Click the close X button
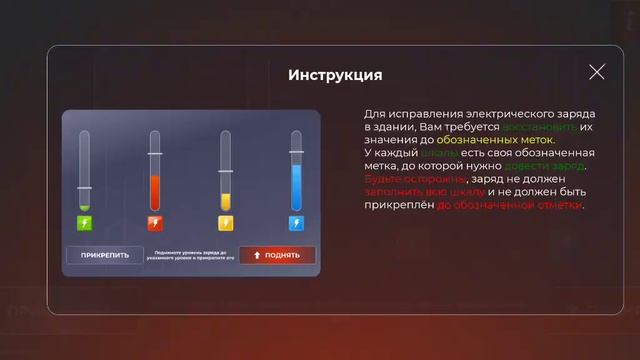[597, 72]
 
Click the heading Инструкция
[335, 75]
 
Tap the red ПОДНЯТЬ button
[277, 255]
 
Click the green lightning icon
[84, 223]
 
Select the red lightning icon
[154, 223]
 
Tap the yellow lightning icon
[225, 223]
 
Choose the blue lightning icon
[295, 223]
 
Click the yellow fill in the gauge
[225, 202]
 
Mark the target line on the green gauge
[84, 188]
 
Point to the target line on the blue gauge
[295, 152]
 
